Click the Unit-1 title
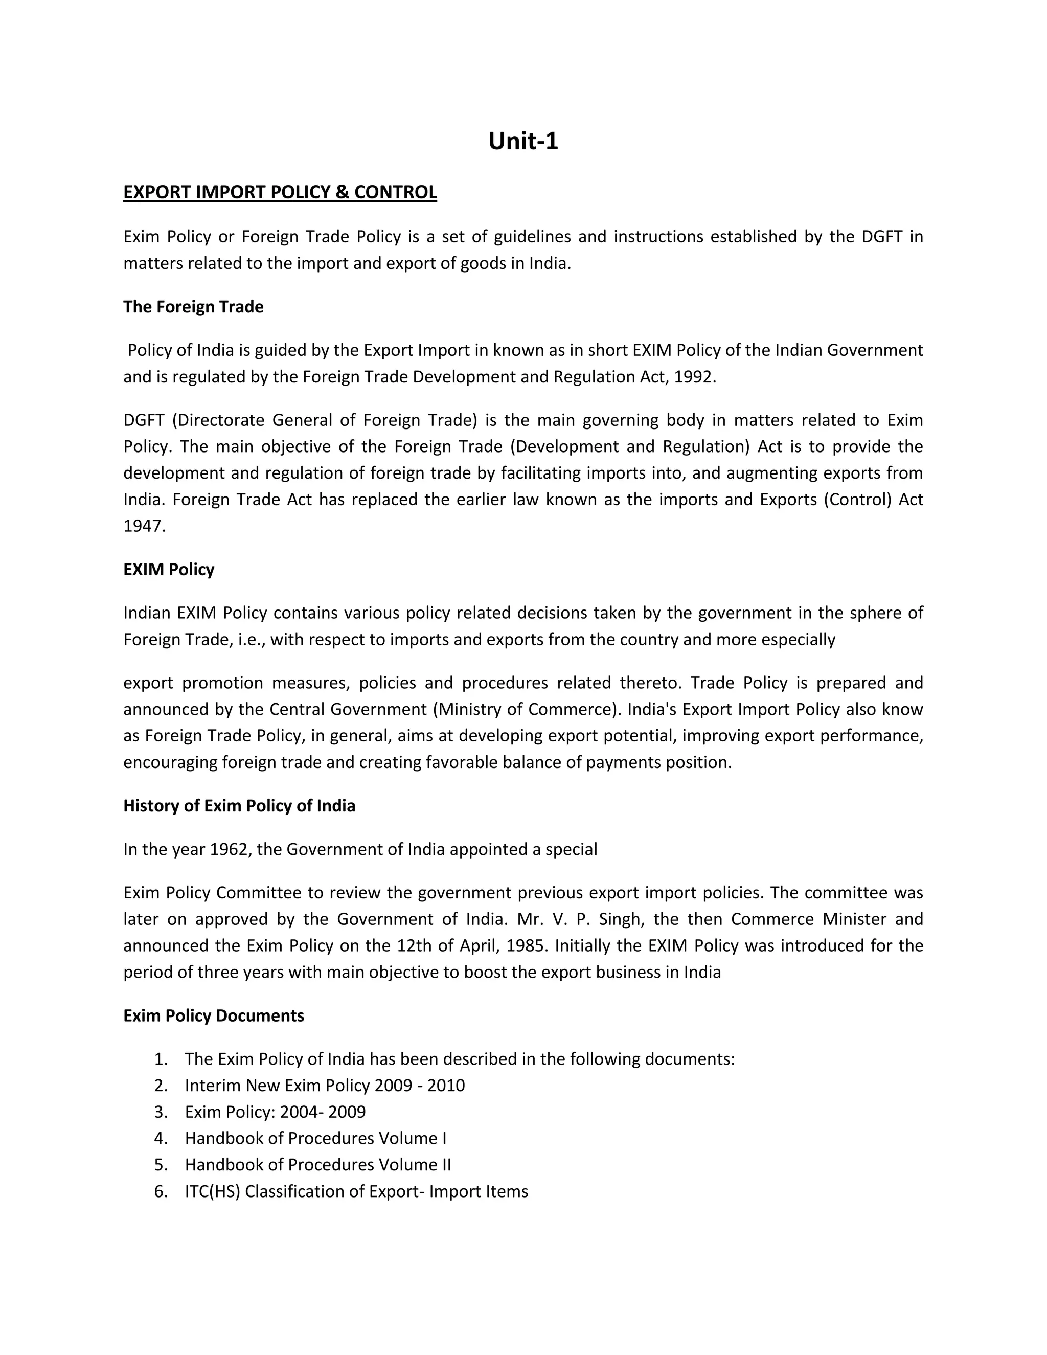coord(523,142)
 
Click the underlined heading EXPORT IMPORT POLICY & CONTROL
coord(280,192)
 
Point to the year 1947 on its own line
coord(145,526)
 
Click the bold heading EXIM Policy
coord(169,570)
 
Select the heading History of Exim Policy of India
coord(239,806)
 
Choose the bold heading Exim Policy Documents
coord(213,1015)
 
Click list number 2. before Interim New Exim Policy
coord(161,1086)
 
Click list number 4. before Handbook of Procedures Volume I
coord(161,1139)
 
